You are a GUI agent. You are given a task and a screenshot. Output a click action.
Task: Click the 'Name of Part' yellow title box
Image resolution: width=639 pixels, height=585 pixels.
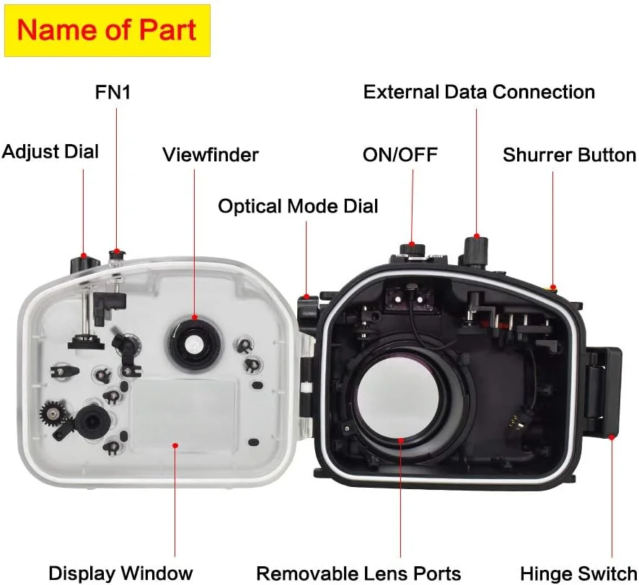tap(107, 30)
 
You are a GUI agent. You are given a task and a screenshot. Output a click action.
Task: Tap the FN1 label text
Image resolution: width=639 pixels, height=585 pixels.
tap(113, 92)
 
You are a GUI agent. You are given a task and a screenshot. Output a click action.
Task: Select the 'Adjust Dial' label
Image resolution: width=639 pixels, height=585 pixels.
tap(50, 151)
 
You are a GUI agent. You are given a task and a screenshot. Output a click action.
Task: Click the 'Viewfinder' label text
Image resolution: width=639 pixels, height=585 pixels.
tap(210, 154)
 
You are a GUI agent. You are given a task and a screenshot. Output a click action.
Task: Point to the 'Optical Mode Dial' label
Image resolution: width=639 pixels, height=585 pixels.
tap(298, 206)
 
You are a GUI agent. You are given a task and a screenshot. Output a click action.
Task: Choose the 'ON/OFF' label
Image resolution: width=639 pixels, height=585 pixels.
tap(400, 154)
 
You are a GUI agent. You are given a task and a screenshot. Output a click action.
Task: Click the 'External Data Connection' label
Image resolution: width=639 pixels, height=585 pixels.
tap(479, 92)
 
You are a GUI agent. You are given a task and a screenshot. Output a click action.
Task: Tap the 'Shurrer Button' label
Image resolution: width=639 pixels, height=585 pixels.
tap(569, 155)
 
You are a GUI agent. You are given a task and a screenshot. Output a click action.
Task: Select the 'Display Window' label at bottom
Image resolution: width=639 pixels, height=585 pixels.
tap(120, 573)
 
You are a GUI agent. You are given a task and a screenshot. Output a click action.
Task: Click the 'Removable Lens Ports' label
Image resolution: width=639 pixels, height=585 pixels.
tap(358, 573)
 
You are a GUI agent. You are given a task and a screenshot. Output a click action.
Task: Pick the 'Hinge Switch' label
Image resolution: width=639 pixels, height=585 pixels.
tap(579, 573)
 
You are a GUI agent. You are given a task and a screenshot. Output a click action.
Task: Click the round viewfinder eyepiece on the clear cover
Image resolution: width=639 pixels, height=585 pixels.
tap(193, 345)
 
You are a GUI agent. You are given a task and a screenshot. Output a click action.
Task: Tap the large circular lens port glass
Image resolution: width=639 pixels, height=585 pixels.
tap(400, 403)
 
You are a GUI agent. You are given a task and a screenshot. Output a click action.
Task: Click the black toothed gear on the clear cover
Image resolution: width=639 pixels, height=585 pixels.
tap(55, 414)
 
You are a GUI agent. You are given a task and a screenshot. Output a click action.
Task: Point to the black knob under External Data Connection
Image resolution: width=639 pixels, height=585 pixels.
tap(476, 249)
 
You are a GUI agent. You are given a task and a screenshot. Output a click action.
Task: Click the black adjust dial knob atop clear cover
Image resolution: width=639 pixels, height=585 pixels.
tap(83, 262)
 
